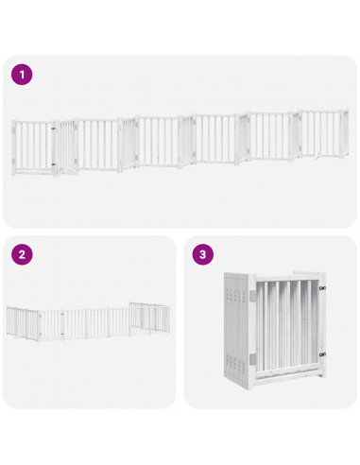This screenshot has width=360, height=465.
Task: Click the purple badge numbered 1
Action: tap(22, 75)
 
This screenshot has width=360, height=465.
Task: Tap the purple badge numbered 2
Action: tap(22, 254)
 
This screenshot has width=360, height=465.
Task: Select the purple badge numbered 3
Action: tap(203, 254)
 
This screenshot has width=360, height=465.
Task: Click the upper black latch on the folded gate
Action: tap(322, 288)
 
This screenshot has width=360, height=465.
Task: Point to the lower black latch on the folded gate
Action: tap(322, 354)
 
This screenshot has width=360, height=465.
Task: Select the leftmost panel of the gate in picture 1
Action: tap(31, 146)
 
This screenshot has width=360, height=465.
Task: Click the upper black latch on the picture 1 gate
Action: tap(55, 128)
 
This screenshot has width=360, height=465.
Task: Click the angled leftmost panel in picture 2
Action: tap(23, 322)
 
